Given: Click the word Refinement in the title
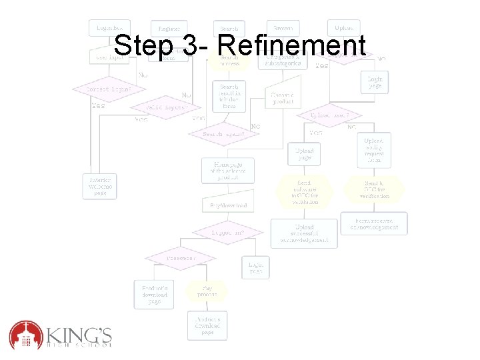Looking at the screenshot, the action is coord(291,46).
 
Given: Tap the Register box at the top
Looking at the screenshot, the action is coord(169,29).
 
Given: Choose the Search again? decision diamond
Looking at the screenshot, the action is coord(224,133).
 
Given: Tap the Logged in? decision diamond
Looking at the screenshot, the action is coord(227,233).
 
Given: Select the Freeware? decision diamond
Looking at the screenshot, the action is coord(181,257).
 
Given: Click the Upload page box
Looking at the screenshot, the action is coord(304,155).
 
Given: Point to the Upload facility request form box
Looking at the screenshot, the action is coord(374,151).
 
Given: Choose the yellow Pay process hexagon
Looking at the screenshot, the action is coord(205,291).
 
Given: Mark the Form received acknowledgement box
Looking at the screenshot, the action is coord(374,223).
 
